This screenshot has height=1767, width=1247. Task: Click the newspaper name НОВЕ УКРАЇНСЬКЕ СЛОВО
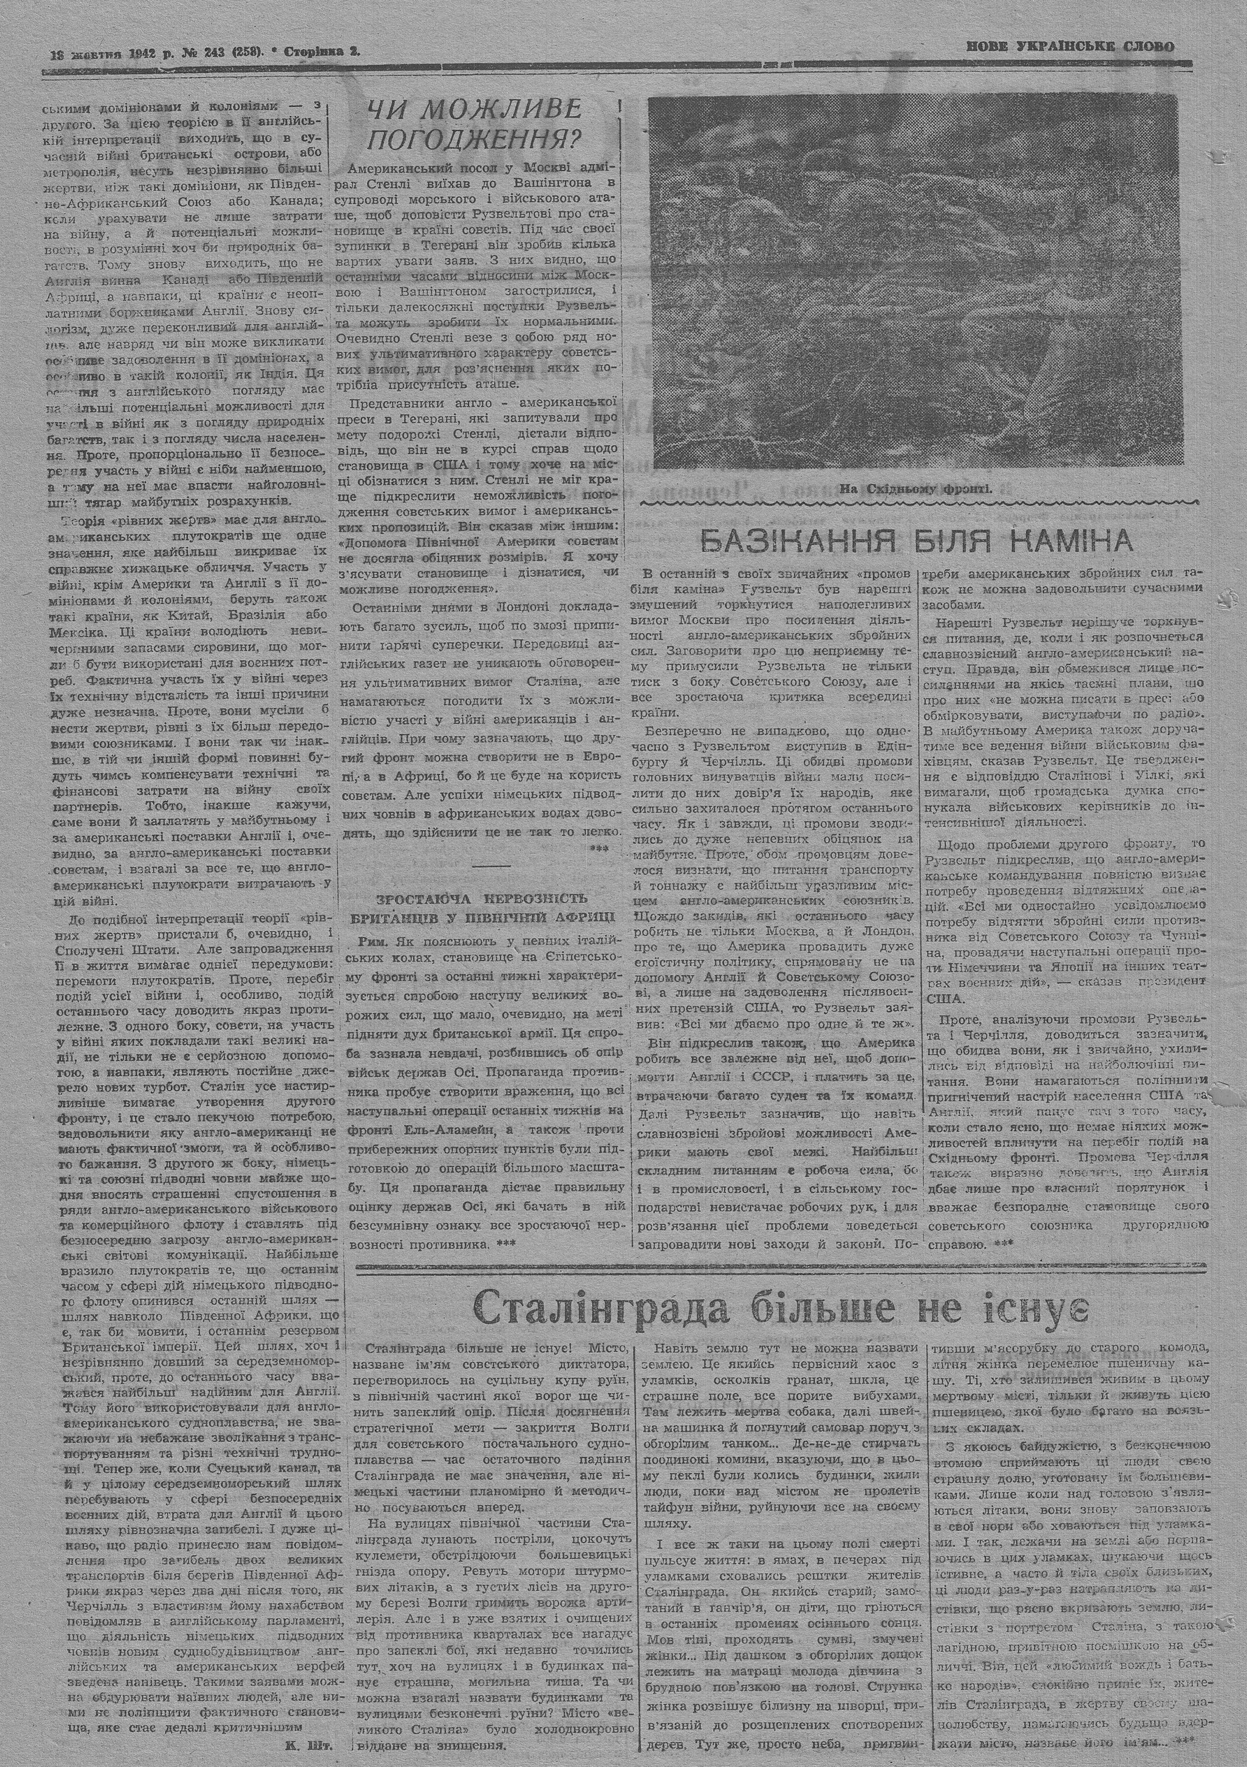(x=1070, y=47)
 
